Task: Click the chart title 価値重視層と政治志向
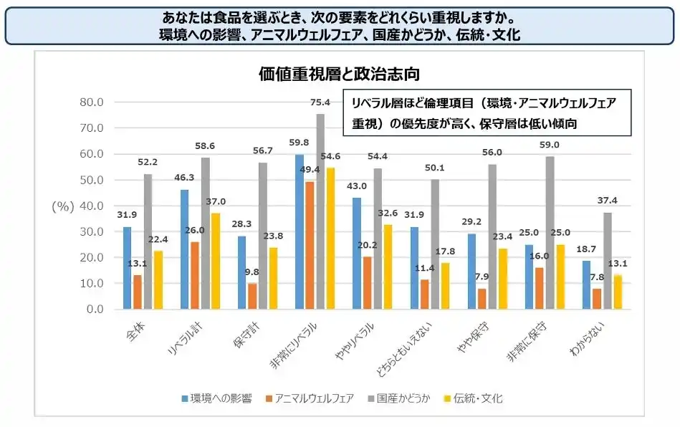(339, 74)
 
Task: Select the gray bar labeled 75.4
(320, 211)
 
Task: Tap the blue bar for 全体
(127, 268)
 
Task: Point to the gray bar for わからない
(608, 261)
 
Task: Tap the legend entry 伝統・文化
(474, 398)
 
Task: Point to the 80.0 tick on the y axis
(91, 102)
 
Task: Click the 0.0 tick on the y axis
(95, 309)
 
